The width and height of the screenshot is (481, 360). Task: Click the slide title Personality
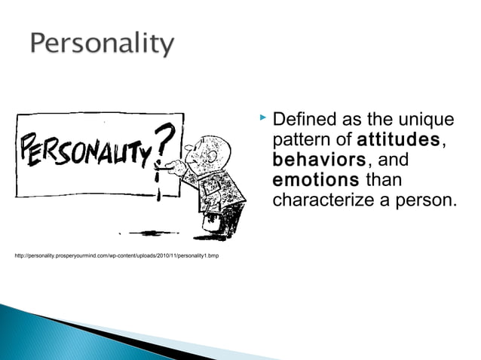102,43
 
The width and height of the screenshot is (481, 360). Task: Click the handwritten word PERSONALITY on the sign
90,150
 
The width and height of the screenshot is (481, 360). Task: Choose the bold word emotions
315,181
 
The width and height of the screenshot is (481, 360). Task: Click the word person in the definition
426,200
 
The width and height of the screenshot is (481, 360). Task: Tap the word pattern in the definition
299,140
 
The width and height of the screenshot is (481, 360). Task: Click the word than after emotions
383,181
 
